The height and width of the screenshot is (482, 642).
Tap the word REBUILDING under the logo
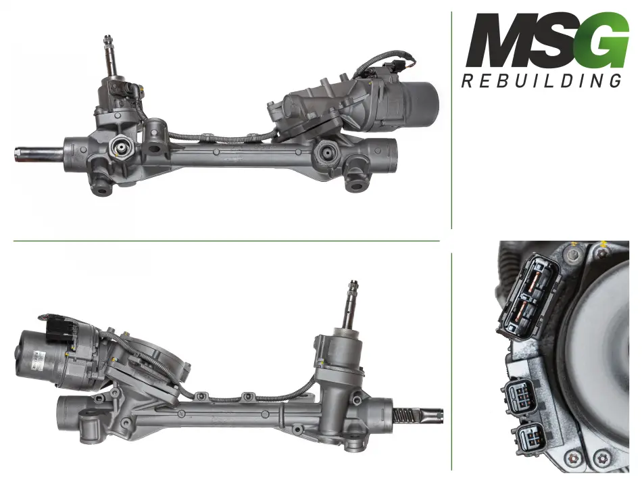541,80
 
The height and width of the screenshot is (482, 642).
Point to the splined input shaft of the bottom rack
353,304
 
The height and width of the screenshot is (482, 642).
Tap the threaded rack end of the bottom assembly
418,415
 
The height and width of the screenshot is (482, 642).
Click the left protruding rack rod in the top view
39,155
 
